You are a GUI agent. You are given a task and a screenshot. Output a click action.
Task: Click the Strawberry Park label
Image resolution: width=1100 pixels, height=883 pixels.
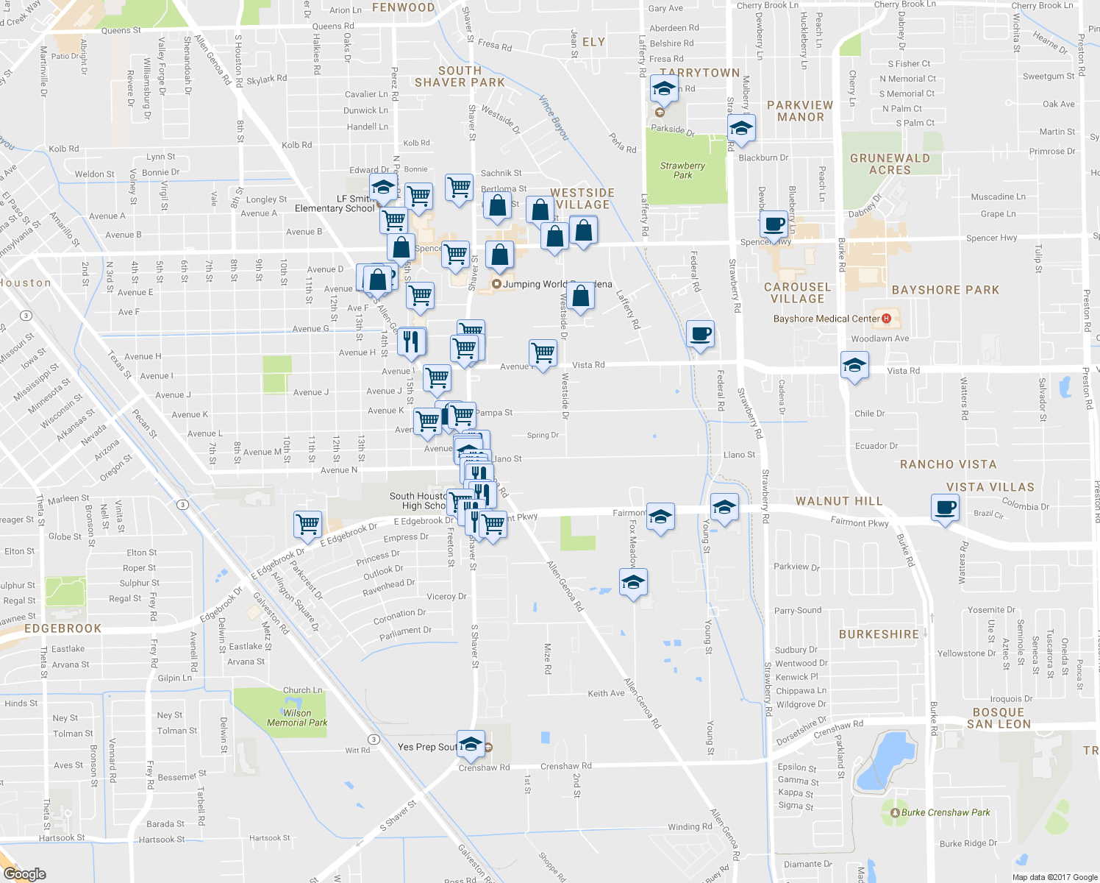point(682,170)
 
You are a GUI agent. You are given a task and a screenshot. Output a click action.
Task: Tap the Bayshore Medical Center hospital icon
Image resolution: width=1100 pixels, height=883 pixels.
point(886,319)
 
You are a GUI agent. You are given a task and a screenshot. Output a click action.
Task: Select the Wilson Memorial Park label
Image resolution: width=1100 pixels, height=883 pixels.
point(297,717)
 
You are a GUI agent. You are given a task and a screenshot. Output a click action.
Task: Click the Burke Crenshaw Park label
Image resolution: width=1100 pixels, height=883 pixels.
point(945,812)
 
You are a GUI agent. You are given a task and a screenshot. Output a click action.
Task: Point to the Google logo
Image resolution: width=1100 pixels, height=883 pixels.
point(24,873)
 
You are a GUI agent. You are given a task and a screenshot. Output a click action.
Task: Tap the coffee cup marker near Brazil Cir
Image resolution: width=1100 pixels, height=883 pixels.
point(945,508)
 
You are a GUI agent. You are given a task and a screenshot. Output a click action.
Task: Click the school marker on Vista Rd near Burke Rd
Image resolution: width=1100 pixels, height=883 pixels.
point(854,365)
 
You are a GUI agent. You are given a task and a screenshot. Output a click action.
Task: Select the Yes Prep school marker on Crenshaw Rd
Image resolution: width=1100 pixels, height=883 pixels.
point(471,744)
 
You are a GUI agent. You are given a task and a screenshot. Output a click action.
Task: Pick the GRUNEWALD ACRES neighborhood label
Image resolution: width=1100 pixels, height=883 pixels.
point(890,164)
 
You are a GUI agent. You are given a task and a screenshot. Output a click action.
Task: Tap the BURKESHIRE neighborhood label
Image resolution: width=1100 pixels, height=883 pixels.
point(879,634)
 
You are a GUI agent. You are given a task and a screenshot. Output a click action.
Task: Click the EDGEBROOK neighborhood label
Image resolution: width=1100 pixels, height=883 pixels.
point(63,628)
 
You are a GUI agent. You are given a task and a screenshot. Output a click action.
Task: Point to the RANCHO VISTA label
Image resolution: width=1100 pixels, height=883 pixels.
point(948,464)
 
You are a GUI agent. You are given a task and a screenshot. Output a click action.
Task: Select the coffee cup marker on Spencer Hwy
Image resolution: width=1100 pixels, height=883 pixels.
point(774,224)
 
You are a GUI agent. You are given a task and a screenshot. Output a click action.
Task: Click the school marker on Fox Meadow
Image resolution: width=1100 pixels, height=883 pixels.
point(633,583)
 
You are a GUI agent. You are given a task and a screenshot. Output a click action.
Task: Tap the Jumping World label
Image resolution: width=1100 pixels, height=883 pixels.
point(535,284)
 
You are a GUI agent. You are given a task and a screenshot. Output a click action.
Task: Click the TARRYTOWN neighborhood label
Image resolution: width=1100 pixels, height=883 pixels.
point(699,73)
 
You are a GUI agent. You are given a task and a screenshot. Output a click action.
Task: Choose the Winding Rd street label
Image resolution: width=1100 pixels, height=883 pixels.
point(689,826)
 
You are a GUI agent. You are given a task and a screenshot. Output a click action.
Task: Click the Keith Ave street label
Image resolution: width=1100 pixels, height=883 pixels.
point(606,693)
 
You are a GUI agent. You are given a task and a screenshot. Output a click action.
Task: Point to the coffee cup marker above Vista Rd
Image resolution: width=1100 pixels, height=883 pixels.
point(700,334)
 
